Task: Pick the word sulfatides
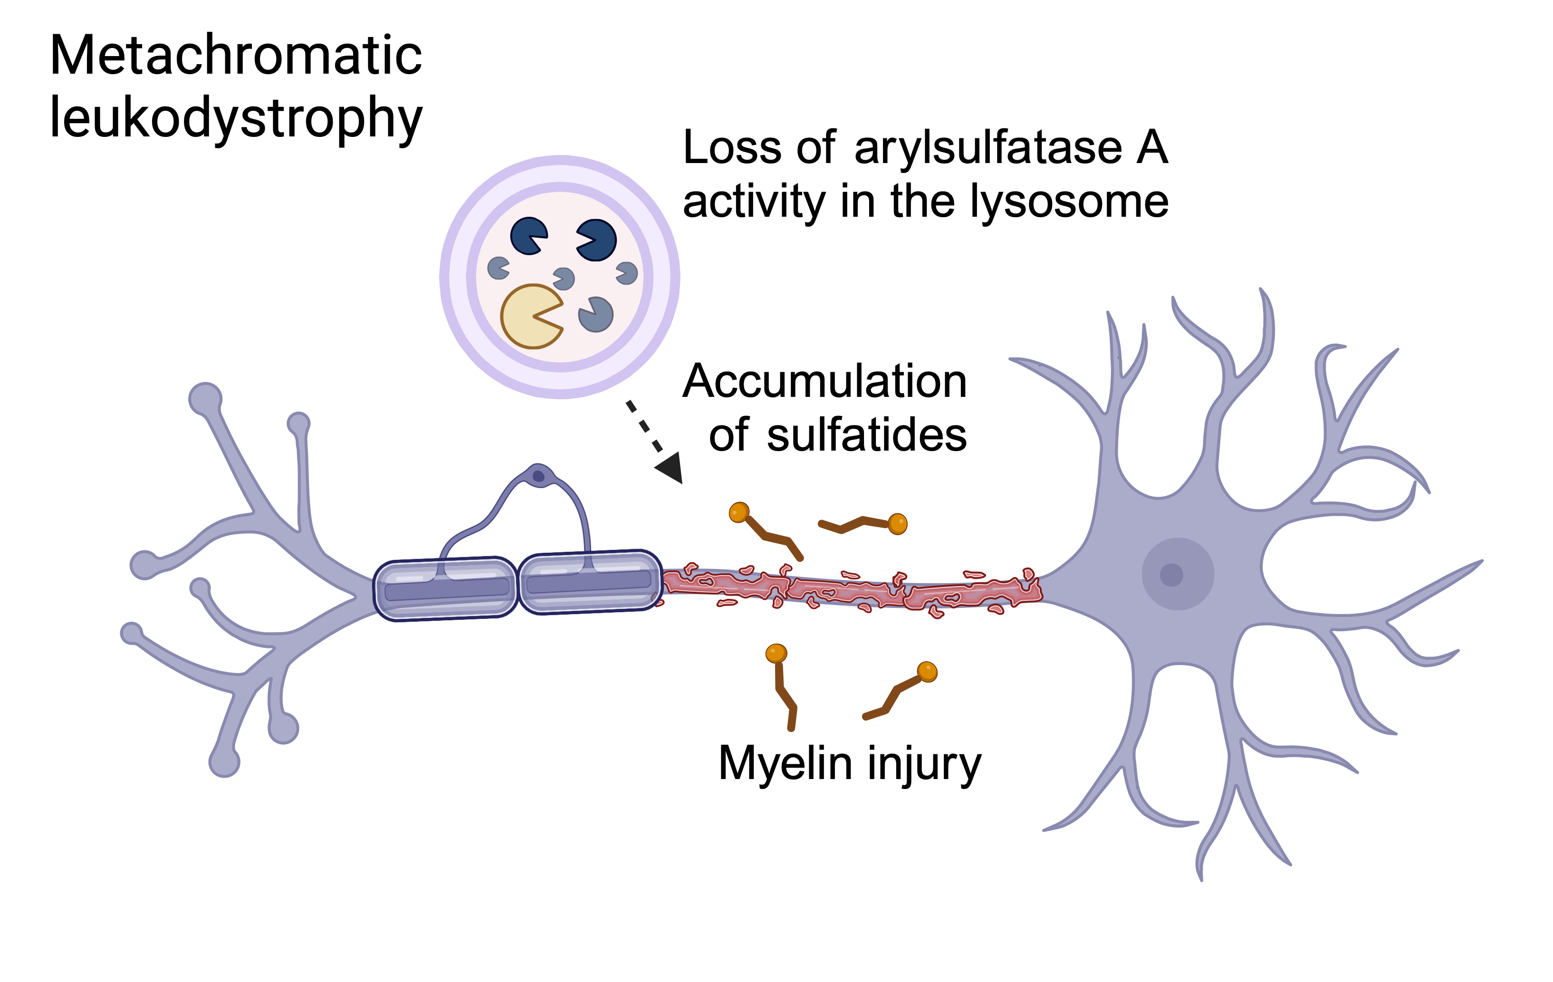pyautogui.click(x=867, y=435)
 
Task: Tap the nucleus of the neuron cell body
pyautogui.click(x=1171, y=574)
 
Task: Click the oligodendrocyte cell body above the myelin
pyautogui.click(x=538, y=476)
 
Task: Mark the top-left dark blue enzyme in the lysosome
pyautogui.click(x=528, y=235)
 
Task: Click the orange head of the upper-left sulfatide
pyautogui.click(x=739, y=512)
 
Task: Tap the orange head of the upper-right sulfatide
pyautogui.click(x=897, y=524)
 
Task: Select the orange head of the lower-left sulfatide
pyautogui.click(x=776, y=653)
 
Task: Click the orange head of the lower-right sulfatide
pyautogui.click(x=927, y=672)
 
